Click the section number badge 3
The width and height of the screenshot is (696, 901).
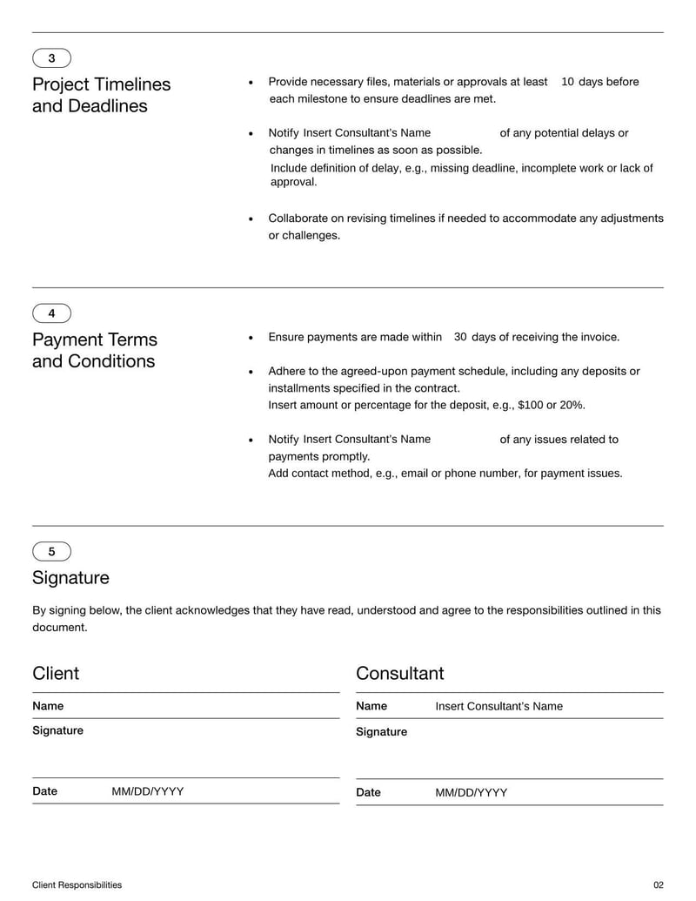click(51, 58)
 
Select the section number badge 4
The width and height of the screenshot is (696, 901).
click(51, 313)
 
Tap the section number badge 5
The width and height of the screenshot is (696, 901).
click(51, 551)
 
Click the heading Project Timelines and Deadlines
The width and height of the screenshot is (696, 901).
click(101, 95)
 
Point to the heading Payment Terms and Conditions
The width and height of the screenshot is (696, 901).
click(94, 350)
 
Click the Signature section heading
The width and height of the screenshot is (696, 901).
click(70, 578)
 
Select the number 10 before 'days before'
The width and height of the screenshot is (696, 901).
click(567, 82)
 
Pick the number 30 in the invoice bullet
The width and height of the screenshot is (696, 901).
click(460, 337)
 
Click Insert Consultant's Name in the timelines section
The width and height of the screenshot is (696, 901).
click(366, 133)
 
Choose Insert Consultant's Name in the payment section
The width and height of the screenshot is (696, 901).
click(366, 440)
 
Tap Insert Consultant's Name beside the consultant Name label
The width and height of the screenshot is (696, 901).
click(499, 706)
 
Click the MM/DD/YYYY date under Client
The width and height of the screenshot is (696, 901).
click(147, 791)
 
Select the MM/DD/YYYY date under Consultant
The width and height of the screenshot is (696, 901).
click(471, 792)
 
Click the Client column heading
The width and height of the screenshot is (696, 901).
click(56, 673)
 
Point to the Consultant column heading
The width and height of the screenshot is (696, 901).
click(399, 673)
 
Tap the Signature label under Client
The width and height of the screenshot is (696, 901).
click(57, 730)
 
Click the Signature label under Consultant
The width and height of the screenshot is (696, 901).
click(381, 732)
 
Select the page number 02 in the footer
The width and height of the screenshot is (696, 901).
click(658, 885)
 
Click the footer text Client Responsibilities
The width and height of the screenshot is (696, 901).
click(77, 885)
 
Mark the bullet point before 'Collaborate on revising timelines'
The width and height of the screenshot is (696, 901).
click(251, 219)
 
